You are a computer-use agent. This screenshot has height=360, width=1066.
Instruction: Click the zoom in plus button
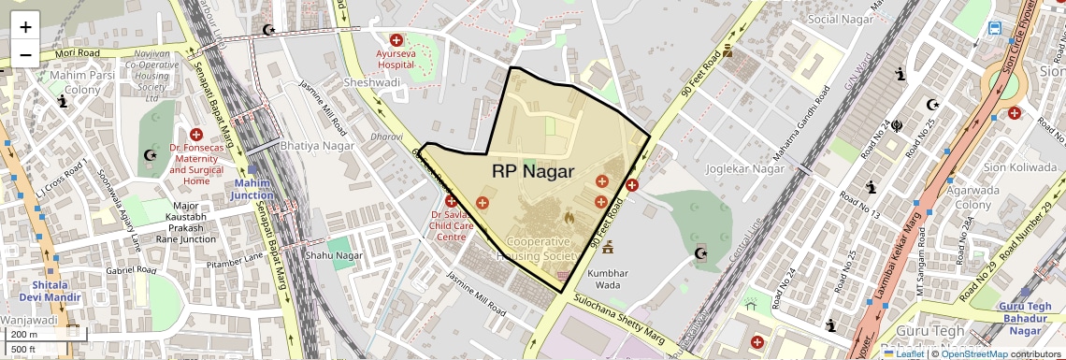(x=25, y=26)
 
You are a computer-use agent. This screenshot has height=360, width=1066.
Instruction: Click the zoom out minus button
(x=25, y=54)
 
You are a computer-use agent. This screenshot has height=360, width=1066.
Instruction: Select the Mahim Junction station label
(x=254, y=189)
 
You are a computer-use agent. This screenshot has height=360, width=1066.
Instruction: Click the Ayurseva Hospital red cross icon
(x=396, y=40)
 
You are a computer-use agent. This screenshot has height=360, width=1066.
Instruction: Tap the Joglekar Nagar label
(x=744, y=169)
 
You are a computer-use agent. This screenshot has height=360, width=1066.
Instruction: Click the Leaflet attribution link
(x=903, y=353)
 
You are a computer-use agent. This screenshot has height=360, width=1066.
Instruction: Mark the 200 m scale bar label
(x=24, y=335)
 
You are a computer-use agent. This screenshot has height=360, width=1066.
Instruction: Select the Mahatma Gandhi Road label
(x=796, y=122)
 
